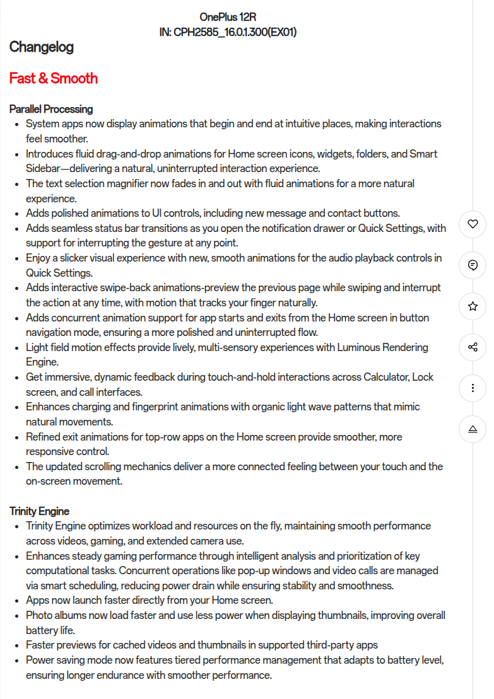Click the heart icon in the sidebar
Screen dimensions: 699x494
473,224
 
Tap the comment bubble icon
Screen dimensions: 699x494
473,265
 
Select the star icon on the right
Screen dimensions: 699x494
473,306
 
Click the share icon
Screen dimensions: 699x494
473,347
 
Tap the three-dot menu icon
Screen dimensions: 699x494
473,388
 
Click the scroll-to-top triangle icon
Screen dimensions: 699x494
473,429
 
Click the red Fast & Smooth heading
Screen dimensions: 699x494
54,79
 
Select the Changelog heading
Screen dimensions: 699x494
42,47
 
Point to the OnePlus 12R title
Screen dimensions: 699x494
228,17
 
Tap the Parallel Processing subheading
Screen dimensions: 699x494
51,109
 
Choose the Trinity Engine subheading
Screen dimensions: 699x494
39,511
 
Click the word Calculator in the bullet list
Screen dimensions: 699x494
386,377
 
